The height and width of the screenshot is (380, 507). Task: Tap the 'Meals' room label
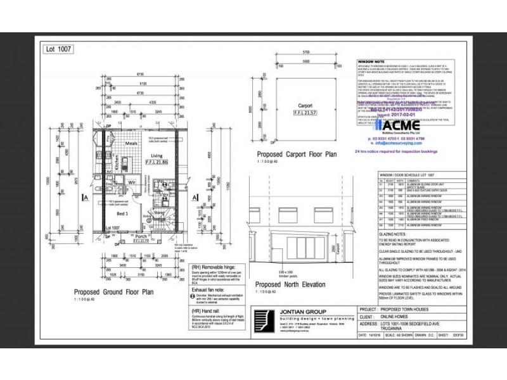pos(131,142)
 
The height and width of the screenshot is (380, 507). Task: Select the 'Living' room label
pos(155,155)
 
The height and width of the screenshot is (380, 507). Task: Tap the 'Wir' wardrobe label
pos(134,184)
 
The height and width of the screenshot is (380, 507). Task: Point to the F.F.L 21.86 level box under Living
pos(156,163)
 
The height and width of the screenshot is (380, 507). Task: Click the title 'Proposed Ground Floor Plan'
pos(114,310)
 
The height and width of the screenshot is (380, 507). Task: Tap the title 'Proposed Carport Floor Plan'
pos(297,154)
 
